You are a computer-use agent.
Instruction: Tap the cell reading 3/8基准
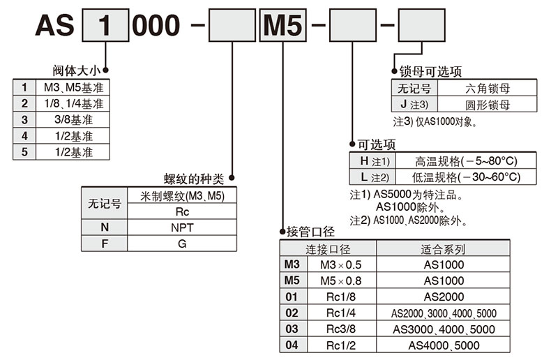point(73,119)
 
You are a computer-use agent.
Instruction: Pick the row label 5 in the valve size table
point(24,151)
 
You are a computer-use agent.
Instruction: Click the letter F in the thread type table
point(105,243)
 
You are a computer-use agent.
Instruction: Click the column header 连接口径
point(328,249)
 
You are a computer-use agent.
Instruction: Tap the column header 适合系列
point(443,249)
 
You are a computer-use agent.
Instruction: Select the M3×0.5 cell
point(340,265)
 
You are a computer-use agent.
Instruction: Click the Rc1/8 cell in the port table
point(340,297)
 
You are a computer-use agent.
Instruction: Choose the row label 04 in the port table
point(292,345)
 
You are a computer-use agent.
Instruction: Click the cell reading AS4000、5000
point(444,345)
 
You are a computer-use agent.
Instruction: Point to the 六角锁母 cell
point(488,89)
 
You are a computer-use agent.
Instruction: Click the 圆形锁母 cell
point(488,105)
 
